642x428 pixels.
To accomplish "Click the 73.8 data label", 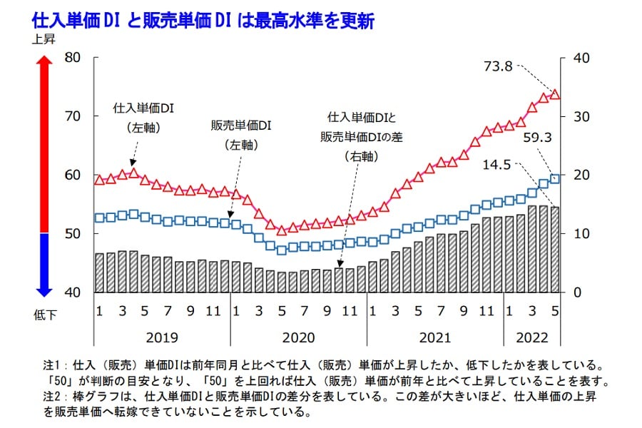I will tap(498, 66).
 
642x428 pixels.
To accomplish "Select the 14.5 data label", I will tap(498, 163).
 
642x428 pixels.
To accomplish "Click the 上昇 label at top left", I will tap(44, 40).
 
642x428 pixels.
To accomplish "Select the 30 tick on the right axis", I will tap(576, 116).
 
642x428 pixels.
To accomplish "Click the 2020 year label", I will tap(298, 336).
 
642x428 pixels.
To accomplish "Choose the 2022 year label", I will tap(532, 336).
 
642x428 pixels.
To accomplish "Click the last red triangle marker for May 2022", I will tap(555, 93).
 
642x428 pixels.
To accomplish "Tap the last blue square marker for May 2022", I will tap(555, 178).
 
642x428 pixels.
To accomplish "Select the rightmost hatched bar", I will tap(555, 250).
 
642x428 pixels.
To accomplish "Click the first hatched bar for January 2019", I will tap(99, 272).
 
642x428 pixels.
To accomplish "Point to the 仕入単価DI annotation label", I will tap(144, 108).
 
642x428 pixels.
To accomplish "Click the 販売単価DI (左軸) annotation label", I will tap(241, 133).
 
